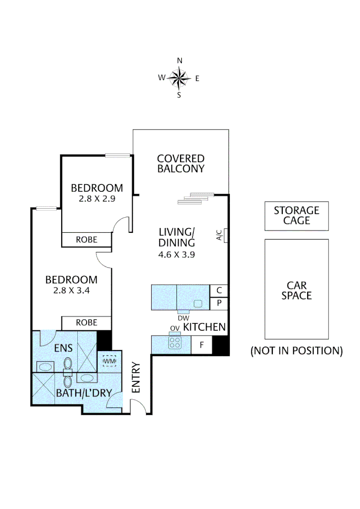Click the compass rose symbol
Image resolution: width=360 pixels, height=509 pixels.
179,78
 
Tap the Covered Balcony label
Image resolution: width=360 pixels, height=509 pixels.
181,164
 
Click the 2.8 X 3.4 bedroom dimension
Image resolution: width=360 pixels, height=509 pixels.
72,290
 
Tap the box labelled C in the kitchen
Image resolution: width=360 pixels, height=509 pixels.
219,291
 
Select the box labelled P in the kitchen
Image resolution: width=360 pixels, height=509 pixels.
219,304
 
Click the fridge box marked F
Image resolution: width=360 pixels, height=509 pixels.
202,345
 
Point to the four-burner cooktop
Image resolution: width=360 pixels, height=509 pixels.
175,342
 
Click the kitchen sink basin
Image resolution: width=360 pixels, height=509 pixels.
198,303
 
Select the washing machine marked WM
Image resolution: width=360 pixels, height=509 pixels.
109,361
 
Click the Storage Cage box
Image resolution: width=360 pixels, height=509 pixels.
296,216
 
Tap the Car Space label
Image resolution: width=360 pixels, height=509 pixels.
296,290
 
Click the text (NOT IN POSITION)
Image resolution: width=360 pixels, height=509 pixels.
296,351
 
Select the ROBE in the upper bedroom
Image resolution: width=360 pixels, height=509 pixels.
87,239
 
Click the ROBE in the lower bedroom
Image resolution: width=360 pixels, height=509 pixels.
87,323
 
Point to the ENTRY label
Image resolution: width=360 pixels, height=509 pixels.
137,378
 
